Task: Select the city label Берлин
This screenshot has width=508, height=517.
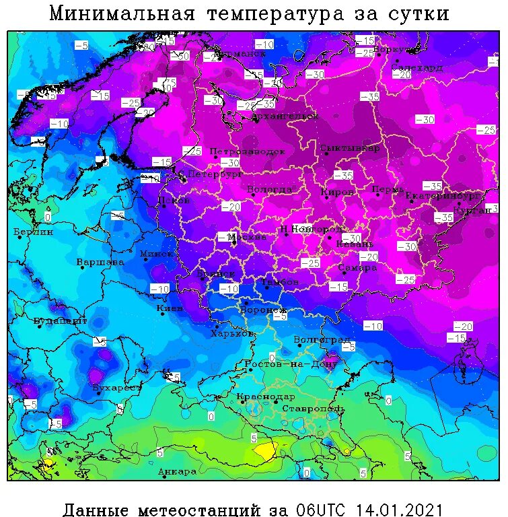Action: click(33, 232)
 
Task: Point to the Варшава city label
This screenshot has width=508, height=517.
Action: click(100, 261)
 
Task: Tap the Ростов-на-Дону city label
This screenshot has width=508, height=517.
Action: click(291, 364)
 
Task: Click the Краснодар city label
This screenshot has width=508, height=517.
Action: click(266, 397)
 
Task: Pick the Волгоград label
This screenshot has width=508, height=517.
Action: click(322, 340)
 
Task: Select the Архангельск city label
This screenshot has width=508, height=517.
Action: click(285, 116)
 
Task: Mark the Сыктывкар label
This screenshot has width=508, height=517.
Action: click(350, 147)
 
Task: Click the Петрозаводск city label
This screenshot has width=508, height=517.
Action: click(248, 151)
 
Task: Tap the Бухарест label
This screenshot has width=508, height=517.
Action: click(117, 388)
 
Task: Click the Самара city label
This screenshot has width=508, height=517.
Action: click(357, 267)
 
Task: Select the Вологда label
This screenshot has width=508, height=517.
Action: click(270, 189)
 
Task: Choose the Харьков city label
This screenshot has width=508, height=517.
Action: click(232, 333)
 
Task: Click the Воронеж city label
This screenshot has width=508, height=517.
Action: click(264, 310)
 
